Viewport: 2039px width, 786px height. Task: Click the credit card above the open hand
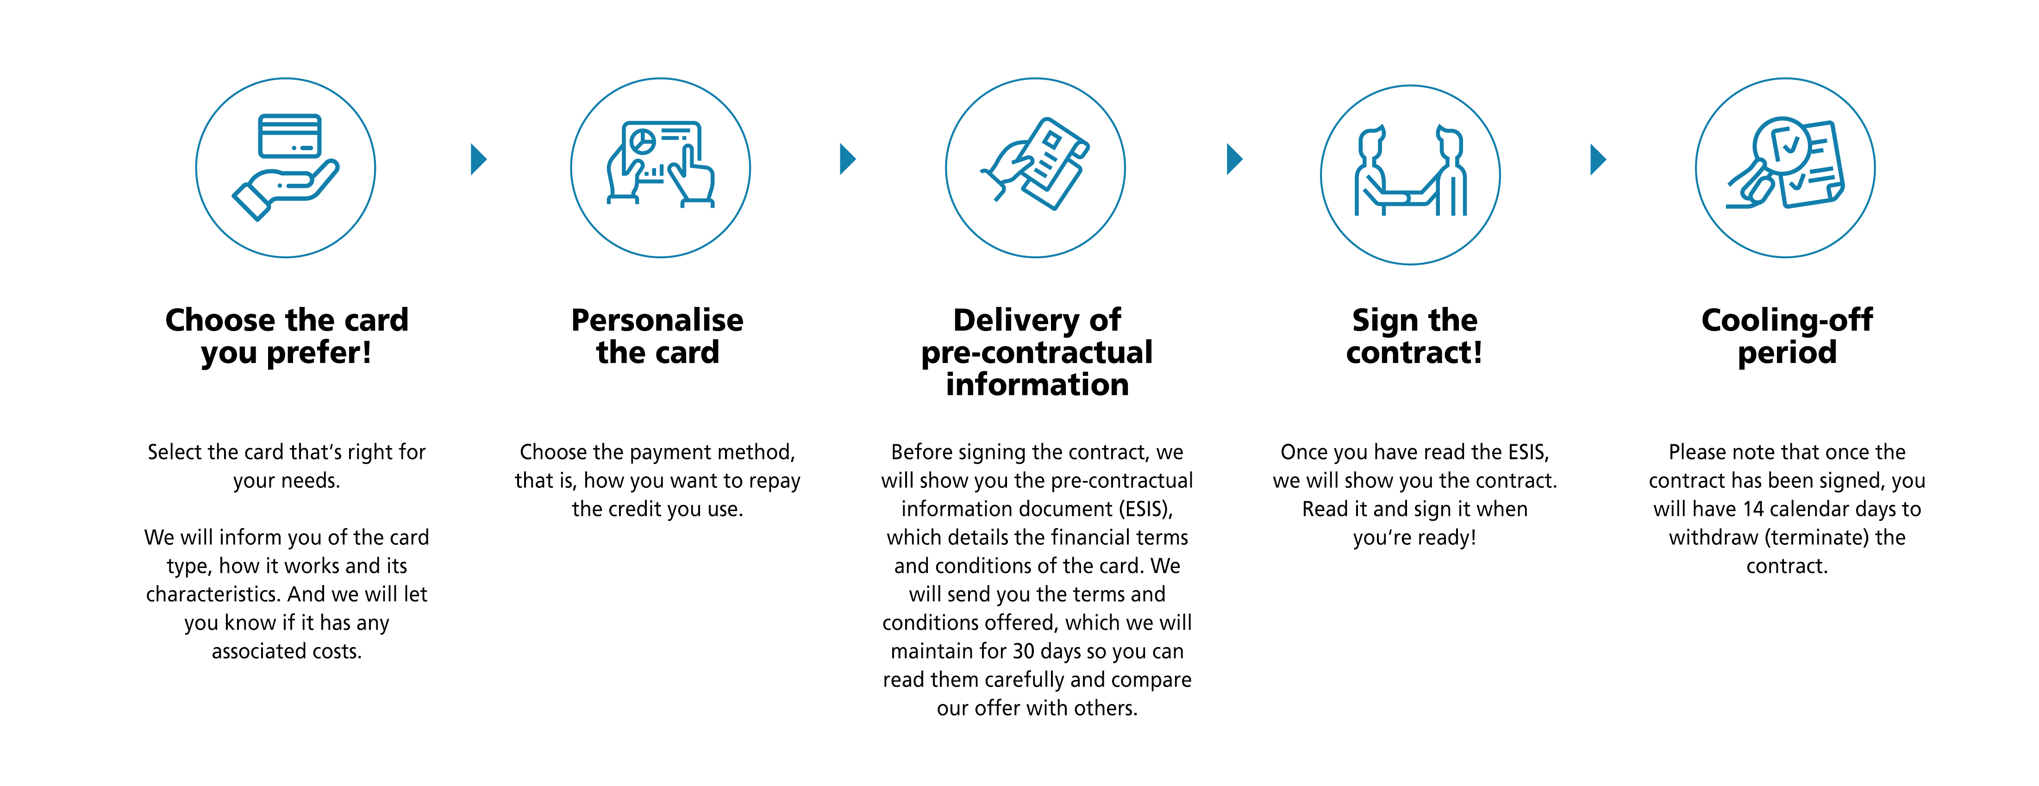pos(290,136)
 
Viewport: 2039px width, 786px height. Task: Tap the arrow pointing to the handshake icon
pos(1233,159)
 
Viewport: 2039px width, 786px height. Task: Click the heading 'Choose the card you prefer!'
pos(287,336)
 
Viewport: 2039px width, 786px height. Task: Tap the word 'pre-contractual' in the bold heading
pos(1037,352)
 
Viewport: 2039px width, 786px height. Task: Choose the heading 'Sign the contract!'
pos(1414,336)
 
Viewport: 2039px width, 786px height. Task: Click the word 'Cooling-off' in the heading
pos(1787,320)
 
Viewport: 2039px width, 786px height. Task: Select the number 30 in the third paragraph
pos(1024,651)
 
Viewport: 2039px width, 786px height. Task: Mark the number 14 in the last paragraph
pos(1754,509)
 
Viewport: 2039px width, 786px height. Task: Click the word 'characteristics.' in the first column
pos(214,594)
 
